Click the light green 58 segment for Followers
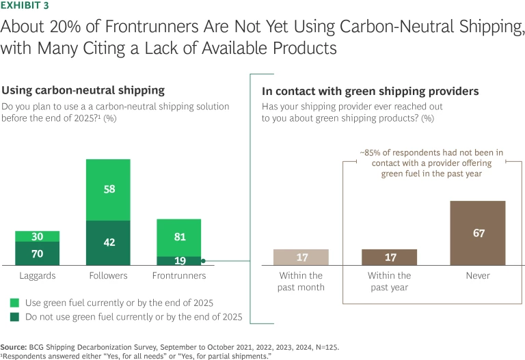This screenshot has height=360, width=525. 108,190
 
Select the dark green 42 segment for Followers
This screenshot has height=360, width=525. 108,243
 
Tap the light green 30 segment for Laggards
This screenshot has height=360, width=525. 37,236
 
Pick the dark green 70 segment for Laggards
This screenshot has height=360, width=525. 37,253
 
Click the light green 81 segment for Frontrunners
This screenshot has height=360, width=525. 178,238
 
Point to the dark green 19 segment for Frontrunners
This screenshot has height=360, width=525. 178,260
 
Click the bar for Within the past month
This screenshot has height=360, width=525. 301,257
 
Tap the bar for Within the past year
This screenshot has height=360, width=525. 389,257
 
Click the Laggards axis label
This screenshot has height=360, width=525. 37,276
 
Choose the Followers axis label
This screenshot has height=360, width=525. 108,276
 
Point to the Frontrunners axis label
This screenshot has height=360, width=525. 178,276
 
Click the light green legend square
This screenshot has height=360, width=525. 14,302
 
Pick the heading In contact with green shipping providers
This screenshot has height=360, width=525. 351,91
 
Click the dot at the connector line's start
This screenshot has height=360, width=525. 204,260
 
